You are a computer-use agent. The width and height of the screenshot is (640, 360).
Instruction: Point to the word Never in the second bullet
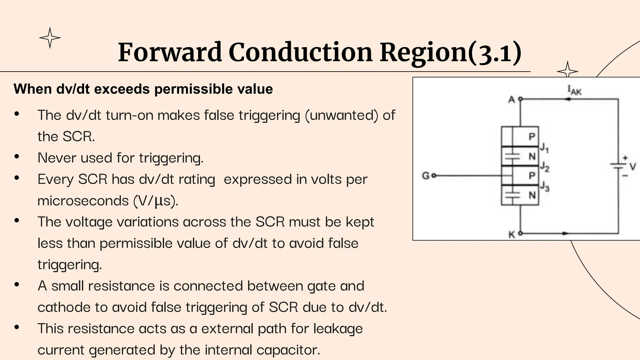tap(57, 158)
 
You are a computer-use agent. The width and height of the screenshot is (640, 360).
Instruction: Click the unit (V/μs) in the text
tap(155, 201)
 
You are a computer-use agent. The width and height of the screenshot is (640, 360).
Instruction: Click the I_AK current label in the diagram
tap(574, 90)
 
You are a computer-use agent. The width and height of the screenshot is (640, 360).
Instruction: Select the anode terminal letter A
tap(511, 100)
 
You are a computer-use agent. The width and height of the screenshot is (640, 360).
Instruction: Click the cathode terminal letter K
tap(512, 234)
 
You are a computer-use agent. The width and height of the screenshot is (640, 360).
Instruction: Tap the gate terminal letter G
tap(426, 176)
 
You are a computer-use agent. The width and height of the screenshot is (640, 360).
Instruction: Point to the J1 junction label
tap(544, 147)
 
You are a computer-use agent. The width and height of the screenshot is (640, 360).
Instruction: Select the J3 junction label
tap(545, 187)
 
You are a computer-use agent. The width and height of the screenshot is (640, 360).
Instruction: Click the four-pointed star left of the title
tap(50, 38)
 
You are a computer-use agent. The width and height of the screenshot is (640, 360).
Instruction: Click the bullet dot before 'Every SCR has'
tap(17, 178)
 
